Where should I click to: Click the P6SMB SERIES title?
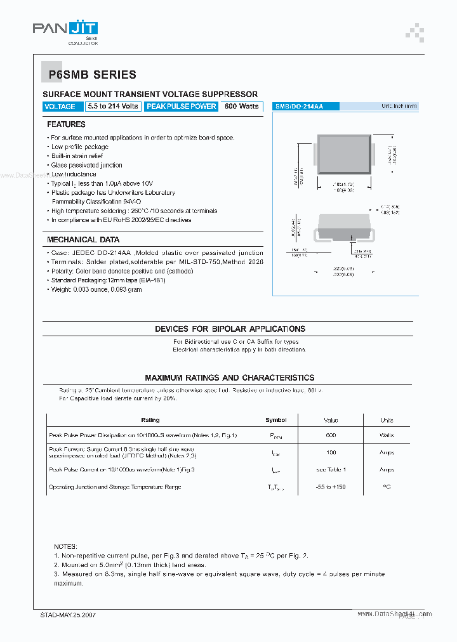point(93,75)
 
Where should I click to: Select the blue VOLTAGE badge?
point(60,107)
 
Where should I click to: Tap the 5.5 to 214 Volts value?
point(113,107)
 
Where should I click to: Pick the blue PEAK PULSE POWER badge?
point(182,107)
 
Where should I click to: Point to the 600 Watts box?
point(242,107)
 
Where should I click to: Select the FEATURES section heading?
point(66,124)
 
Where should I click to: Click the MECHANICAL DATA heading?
point(83,240)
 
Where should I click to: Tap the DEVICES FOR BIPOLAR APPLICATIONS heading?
point(230,329)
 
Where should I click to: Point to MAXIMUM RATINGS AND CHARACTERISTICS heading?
point(230,377)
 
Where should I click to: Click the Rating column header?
point(150,420)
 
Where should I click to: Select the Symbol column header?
point(275,420)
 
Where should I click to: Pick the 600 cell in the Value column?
point(331,436)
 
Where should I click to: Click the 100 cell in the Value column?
point(331,453)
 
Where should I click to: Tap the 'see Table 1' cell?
point(331,470)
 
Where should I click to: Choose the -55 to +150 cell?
point(331,487)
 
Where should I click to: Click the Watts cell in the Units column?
point(387,436)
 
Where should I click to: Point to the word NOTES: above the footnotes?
point(65,546)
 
